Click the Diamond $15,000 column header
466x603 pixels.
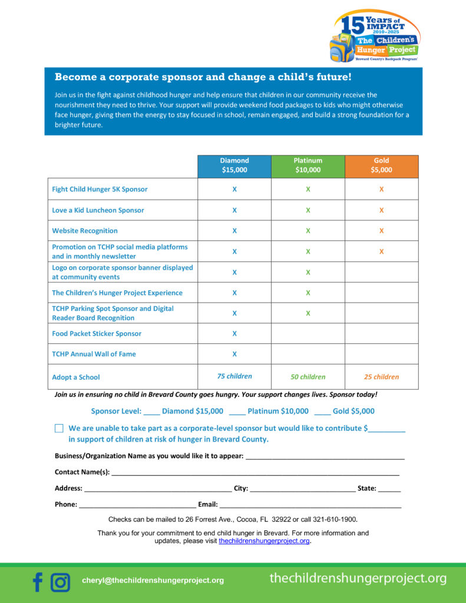pyautogui.click(x=234, y=165)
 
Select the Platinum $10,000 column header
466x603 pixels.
pyautogui.click(x=308, y=165)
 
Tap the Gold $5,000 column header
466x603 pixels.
pyautogui.click(x=381, y=165)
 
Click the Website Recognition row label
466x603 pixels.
pyautogui.click(x=85, y=231)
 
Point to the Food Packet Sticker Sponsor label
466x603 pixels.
pyautogui.click(x=97, y=334)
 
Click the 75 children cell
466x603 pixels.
pyautogui.click(x=234, y=376)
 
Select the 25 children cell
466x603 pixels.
pyautogui.click(x=381, y=377)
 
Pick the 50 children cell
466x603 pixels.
pyautogui.click(x=308, y=377)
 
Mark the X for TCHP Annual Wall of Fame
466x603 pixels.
pyautogui.click(x=234, y=354)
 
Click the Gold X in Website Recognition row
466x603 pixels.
pyautogui.click(x=381, y=231)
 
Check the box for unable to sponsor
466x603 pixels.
pyautogui.click(x=59, y=429)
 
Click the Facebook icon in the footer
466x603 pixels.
pyautogui.click(x=38, y=582)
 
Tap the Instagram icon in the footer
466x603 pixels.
pyautogui.click(x=60, y=582)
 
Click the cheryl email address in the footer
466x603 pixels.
pyautogui.click(x=153, y=581)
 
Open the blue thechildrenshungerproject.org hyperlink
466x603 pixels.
pyautogui.click(x=264, y=541)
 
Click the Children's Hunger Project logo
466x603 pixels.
pyautogui.click(x=375, y=36)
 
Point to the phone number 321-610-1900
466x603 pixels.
pyautogui.click(x=335, y=519)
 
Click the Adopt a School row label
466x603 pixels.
pyautogui.click(x=76, y=377)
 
